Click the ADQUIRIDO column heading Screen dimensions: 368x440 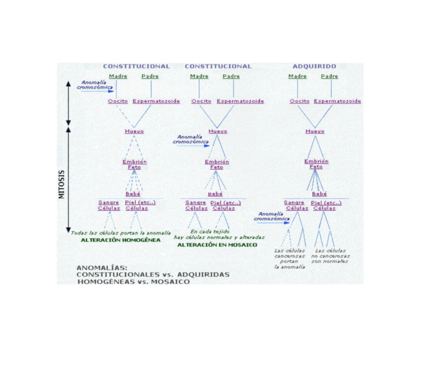(314, 66)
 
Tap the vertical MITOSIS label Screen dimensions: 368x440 (61, 184)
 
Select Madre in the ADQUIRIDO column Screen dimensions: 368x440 (297, 76)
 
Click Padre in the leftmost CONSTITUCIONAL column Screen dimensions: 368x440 (150, 76)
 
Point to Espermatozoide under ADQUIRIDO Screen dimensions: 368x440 (338, 101)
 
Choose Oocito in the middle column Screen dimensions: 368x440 (201, 101)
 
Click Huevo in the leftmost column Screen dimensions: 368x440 (134, 131)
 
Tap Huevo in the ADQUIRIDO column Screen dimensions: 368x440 (315, 131)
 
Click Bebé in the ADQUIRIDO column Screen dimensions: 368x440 (319, 193)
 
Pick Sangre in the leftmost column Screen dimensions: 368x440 (108, 202)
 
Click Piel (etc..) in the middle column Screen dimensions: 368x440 (225, 202)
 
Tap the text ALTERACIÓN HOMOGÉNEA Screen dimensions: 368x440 (121, 240)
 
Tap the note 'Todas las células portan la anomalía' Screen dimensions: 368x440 (120, 233)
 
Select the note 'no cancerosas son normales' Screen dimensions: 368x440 (330, 258)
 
